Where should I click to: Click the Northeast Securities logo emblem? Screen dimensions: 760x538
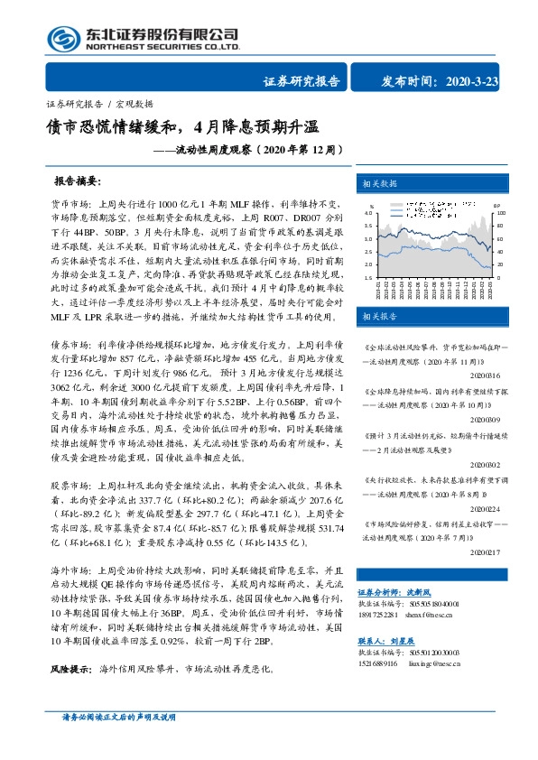point(60,39)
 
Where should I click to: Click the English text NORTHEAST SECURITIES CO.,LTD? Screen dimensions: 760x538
point(162,46)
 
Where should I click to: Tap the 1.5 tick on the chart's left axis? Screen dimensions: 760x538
point(368,278)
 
